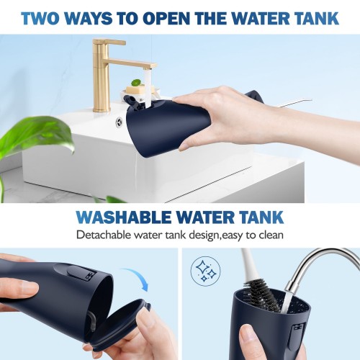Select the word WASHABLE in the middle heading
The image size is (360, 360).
click(124, 217)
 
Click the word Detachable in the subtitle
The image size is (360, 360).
click(104, 235)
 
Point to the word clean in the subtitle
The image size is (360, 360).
click(271, 235)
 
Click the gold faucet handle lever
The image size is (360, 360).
click(109, 42)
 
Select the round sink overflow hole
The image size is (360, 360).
click(120, 120)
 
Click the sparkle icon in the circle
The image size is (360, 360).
click(205, 271)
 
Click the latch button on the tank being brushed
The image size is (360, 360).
click(297, 335)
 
